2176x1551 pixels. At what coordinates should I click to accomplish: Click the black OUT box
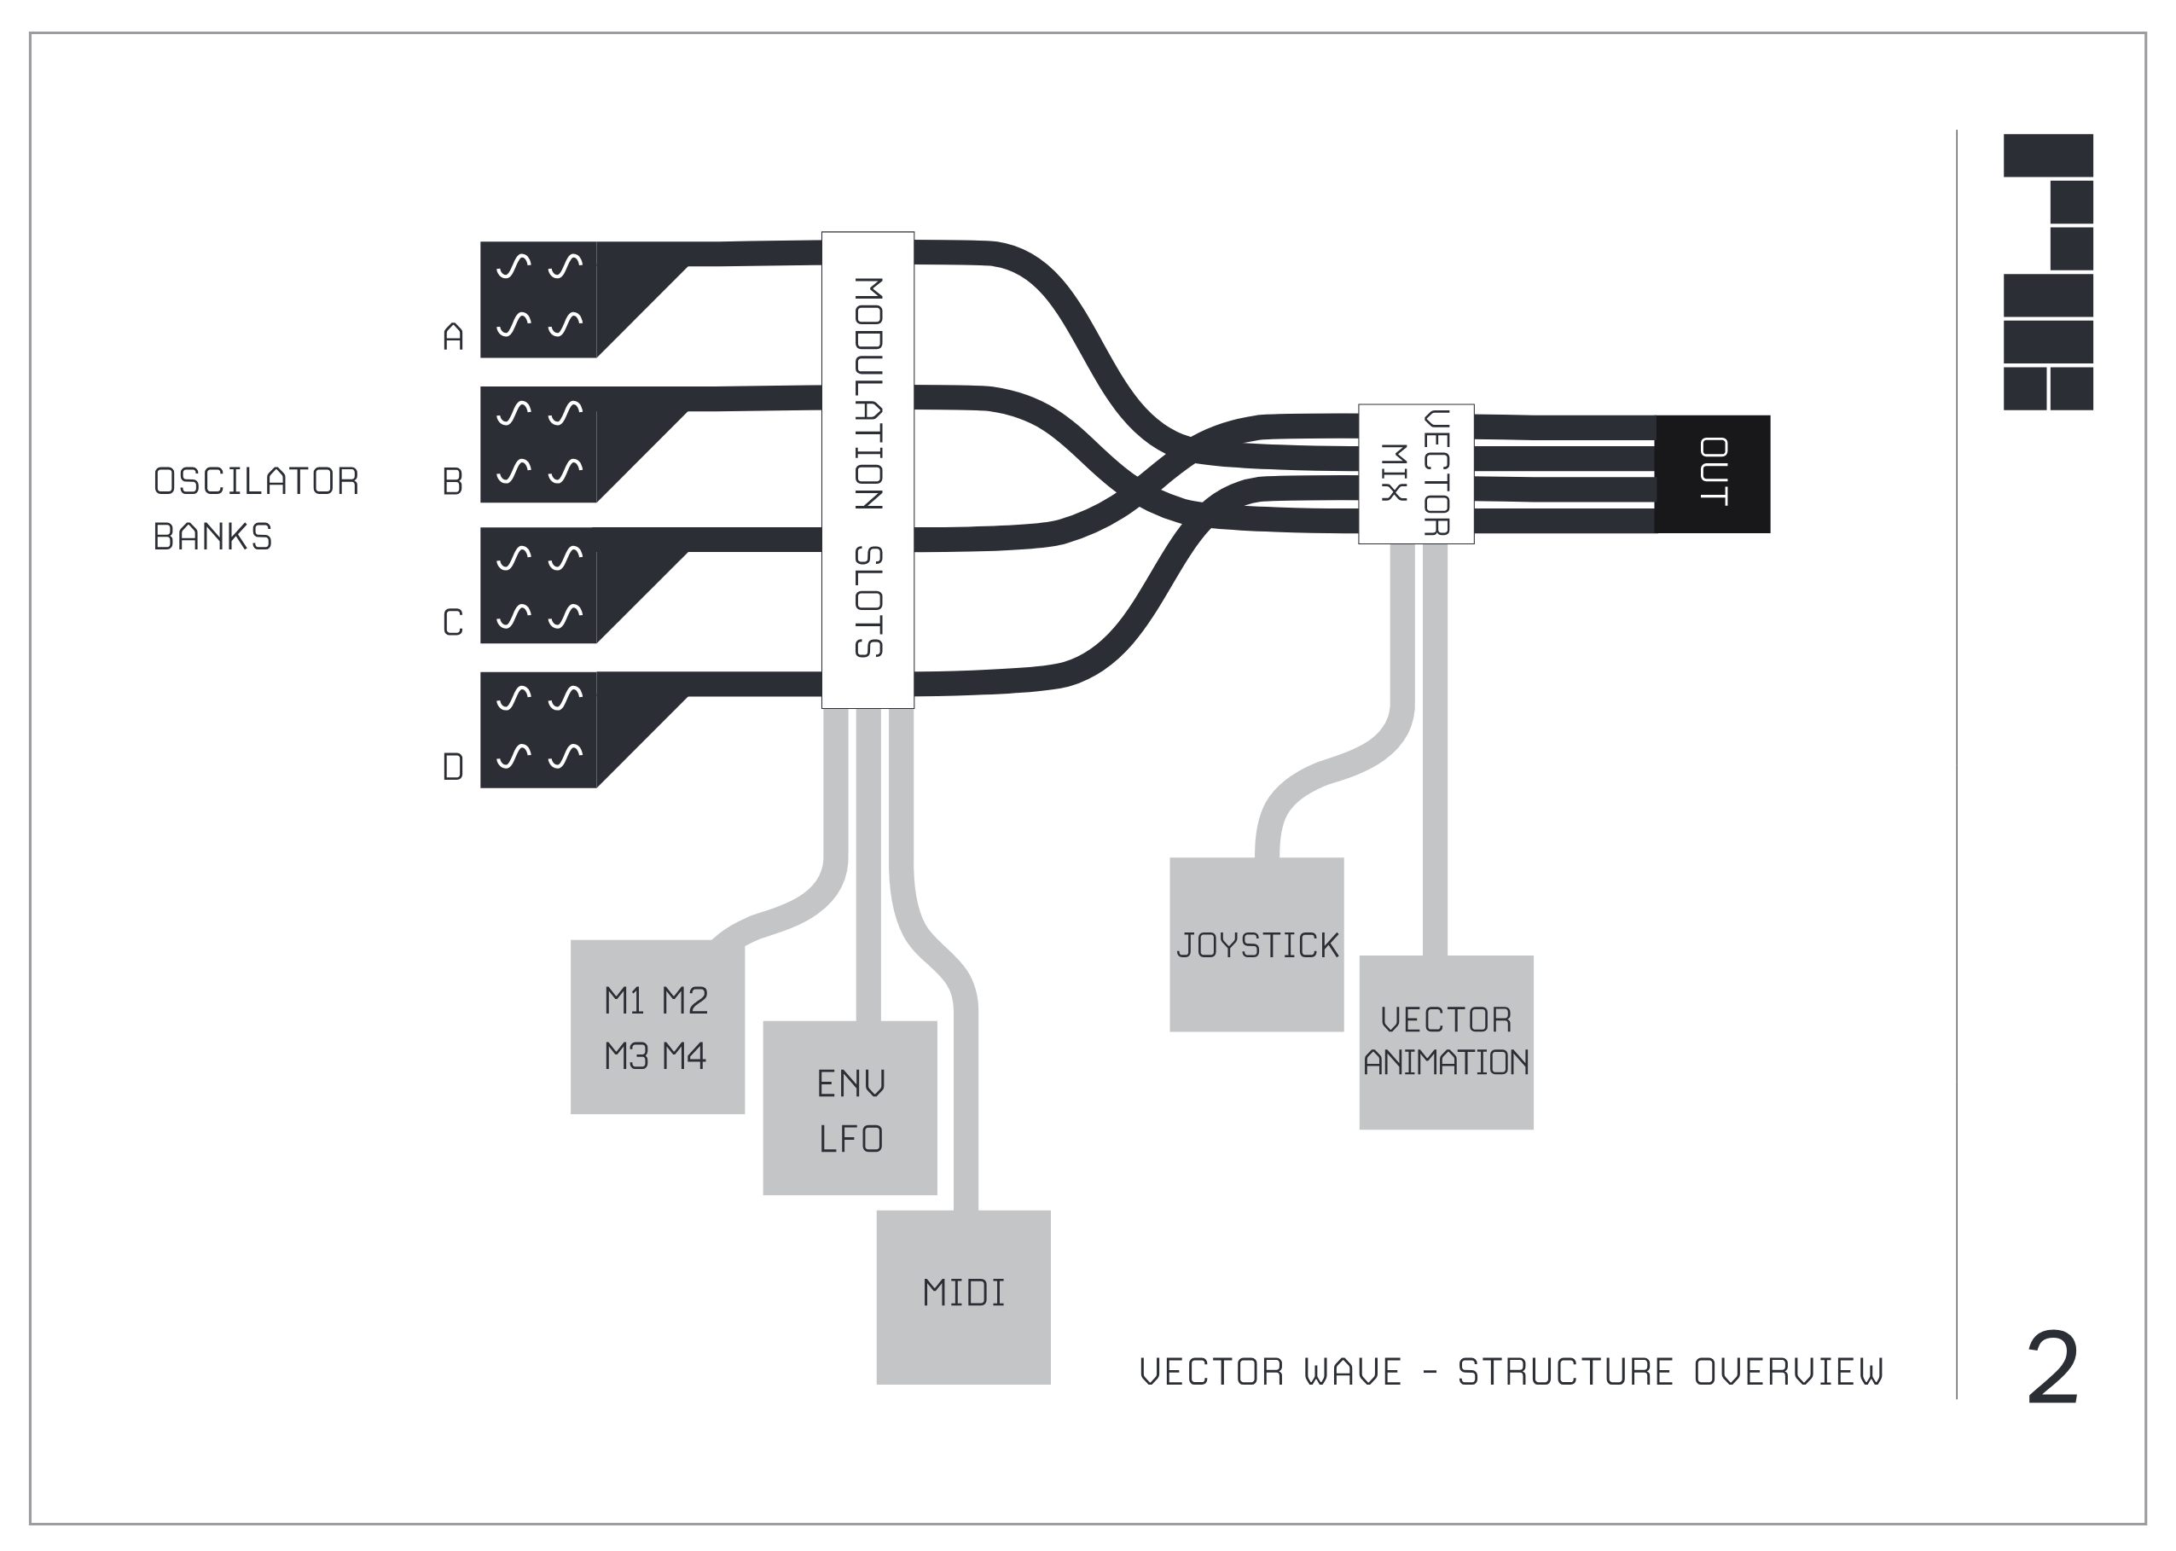click(1711, 473)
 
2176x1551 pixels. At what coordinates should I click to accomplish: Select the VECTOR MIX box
click(1415, 473)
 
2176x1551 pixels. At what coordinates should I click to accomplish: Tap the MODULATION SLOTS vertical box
click(867, 470)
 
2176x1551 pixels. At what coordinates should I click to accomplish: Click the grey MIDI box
click(962, 1296)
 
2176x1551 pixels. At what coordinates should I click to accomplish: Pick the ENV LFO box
click(849, 1108)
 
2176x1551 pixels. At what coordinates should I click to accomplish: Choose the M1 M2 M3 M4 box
click(657, 1026)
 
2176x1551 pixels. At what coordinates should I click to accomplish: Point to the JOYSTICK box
click(1256, 944)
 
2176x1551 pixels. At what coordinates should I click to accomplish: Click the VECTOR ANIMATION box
click(1446, 1042)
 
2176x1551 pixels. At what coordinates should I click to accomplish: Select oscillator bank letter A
click(454, 336)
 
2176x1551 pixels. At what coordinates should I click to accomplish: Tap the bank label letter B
click(453, 481)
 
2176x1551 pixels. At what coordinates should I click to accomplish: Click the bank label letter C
click(453, 623)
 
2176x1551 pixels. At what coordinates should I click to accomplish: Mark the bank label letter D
click(453, 766)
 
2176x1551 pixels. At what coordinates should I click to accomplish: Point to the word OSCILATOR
click(256, 481)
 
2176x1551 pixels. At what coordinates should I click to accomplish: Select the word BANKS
click(212, 537)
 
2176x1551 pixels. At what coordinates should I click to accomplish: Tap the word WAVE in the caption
click(1353, 1373)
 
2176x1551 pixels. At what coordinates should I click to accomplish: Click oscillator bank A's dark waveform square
click(538, 299)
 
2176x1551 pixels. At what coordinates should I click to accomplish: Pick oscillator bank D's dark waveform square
click(538, 729)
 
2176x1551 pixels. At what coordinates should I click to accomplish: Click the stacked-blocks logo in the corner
click(2047, 272)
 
